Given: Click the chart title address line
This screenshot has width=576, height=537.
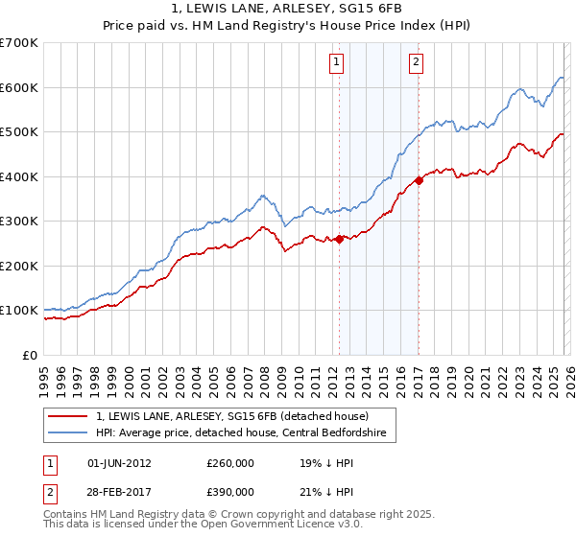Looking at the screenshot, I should tap(287, 9).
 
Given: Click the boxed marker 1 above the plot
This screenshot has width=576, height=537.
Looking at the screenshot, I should tap(338, 63).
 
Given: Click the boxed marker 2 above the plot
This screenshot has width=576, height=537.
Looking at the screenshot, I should tap(417, 63).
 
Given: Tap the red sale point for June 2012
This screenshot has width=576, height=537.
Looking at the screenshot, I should tap(339, 239).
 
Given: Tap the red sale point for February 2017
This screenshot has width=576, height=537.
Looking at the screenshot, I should tap(419, 180).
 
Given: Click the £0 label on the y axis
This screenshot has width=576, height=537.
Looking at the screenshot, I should tap(31, 355).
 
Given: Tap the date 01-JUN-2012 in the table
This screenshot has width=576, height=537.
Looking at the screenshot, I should tap(119, 462).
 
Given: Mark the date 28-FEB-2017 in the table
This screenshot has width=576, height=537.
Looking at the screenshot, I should tap(119, 491).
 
